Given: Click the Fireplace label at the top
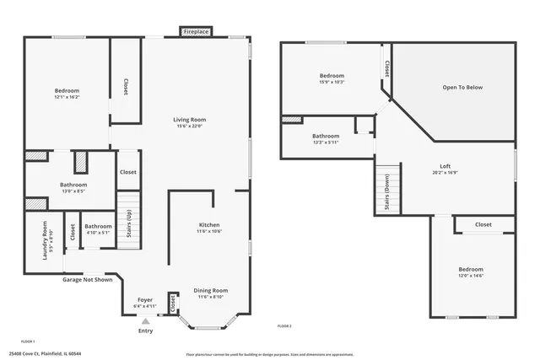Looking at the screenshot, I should point(196,31).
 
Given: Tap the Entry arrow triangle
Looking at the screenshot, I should point(146,321).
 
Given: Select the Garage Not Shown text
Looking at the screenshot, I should point(87,279).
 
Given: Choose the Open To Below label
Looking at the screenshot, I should point(463,87).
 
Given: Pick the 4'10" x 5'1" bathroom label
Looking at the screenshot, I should point(98,228).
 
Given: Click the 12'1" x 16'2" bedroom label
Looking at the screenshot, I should point(67,93).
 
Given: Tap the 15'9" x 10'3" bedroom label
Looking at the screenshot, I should point(332,78).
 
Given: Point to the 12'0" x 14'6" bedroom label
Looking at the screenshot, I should point(471,272).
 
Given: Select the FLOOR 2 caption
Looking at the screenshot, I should point(284,325).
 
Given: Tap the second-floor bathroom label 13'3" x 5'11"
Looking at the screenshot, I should point(326,138).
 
